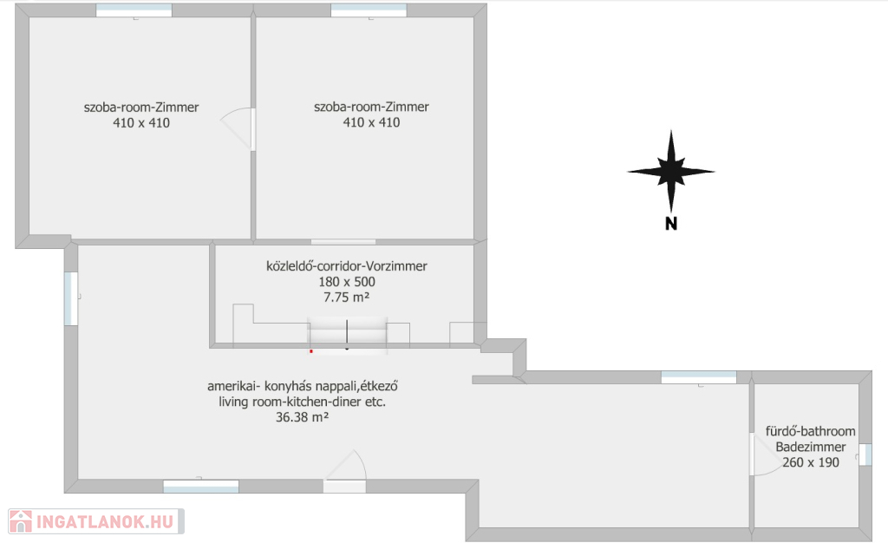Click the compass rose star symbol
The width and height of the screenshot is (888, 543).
click(671, 171)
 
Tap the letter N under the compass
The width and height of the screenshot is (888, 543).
click(671, 224)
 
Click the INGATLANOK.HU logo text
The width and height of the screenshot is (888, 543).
click(105, 521)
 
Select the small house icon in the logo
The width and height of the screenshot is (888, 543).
click(21, 521)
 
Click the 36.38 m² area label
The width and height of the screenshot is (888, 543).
click(303, 417)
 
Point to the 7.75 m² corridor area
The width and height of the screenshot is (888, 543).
click(347, 297)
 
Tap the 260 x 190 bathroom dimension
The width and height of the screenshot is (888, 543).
click(811, 462)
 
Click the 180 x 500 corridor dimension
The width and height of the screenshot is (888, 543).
click(347, 281)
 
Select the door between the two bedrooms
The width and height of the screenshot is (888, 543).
click(238, 129)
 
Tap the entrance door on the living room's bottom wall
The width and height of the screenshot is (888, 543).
click(345, 471)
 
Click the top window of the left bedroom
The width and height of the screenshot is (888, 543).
click(134, 10)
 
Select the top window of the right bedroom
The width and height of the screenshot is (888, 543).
click(369, 10)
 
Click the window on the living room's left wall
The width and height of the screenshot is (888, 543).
click(71, 299)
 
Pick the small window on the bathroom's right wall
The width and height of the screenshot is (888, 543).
click(865, 455)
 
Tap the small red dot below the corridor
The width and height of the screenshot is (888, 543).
click(311, 351)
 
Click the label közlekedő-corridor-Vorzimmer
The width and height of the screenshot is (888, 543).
click(347, 265)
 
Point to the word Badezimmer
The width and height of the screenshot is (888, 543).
click(811, 447)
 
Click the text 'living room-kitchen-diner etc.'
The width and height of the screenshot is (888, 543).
click(303, 402)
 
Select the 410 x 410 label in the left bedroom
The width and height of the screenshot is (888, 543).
click(141, 122)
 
